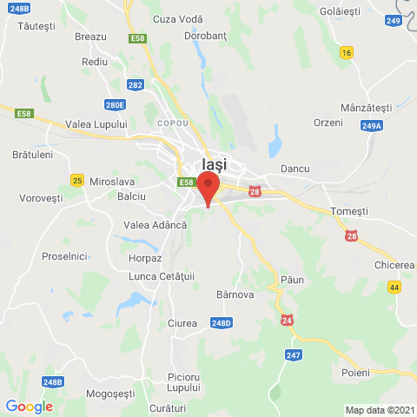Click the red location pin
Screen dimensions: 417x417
208,188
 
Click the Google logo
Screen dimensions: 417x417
29,407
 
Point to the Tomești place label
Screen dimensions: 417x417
350,211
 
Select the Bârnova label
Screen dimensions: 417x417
234,295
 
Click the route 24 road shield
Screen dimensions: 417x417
288,321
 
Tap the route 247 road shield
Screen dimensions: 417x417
292,354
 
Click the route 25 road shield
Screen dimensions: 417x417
77,180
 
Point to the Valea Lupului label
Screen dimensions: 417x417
96,124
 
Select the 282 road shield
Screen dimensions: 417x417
135,84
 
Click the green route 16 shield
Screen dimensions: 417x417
347,53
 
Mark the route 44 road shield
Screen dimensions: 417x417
394,287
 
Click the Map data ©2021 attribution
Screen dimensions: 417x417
379,410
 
